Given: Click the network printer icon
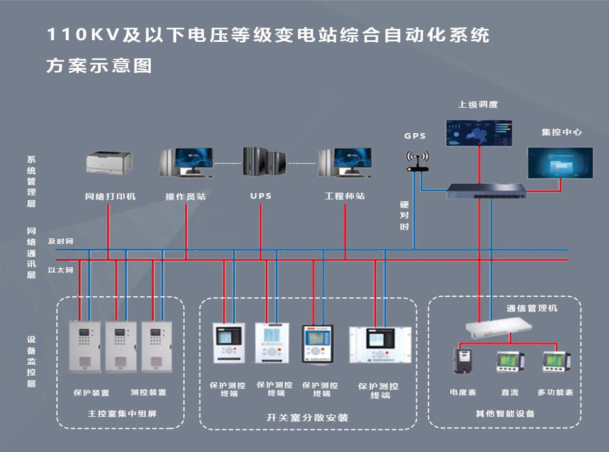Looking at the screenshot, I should (109, 163).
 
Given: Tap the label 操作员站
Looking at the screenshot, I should (186, 197).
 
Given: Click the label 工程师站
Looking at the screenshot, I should (344, 196).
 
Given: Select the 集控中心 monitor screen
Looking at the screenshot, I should (560, 163).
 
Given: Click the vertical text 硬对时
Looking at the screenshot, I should (404, 215).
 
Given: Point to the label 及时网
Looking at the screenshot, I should (60, 241).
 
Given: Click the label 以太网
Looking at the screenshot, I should (60, 270).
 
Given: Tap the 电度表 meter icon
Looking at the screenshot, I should (462, 361).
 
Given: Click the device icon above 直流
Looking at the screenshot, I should (510, 362).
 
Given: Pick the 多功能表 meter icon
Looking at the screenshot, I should (555, 362).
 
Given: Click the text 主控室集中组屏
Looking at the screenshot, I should (122, 414).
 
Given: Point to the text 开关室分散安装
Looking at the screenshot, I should (307, 418).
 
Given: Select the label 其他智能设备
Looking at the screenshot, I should (505, 413).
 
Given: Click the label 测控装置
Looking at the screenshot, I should (148, 393).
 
